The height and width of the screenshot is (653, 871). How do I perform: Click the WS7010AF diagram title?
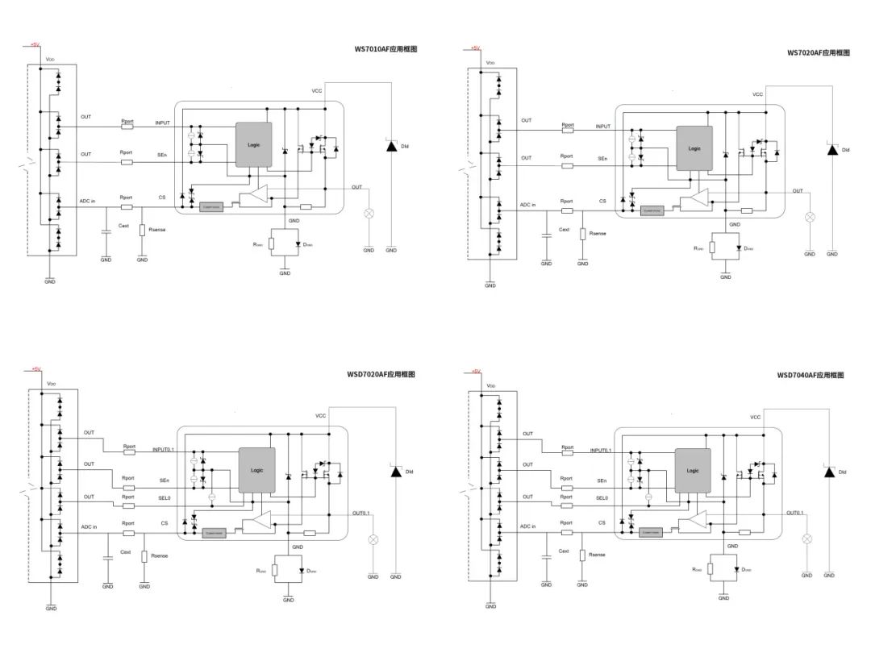385,49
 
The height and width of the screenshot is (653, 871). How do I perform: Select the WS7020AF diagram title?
819,52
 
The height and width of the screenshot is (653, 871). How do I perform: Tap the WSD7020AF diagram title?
381,374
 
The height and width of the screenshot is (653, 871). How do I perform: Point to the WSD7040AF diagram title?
811,375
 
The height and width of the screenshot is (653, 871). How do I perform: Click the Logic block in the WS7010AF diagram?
253,144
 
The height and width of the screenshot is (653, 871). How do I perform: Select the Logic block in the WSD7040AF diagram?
693,471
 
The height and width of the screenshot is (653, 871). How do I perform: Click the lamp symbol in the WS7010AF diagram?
370,214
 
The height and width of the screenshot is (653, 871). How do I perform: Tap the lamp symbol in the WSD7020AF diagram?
373,539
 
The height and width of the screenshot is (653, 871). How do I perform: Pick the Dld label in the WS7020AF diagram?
845,150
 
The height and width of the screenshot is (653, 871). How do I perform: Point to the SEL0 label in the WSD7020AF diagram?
164,498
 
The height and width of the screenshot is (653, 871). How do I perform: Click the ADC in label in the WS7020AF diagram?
528,205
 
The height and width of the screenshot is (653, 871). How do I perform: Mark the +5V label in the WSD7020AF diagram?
35,369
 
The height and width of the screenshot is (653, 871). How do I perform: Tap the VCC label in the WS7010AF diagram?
317,91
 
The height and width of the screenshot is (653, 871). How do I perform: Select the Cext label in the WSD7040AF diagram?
564,552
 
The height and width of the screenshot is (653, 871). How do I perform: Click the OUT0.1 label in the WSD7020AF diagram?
360,513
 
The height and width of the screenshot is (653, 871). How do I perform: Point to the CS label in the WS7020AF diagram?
602,202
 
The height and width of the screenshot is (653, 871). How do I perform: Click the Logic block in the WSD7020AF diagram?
256,470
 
